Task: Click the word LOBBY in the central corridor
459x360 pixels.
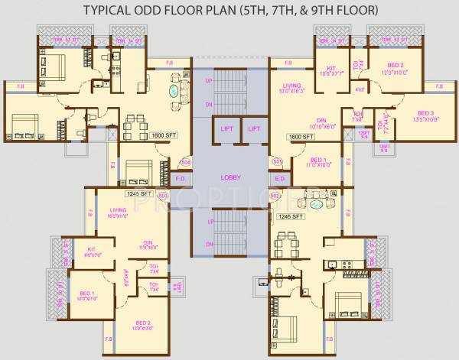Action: pos(230,177)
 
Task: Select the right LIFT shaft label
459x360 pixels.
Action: pos(254,129)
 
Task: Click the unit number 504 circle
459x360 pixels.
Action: pos(184,163)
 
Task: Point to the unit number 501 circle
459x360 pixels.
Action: pos(278,162)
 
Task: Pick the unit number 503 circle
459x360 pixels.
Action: pos(162,196)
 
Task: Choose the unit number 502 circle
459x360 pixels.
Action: pos(275,196)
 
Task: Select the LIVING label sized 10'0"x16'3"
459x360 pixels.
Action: pos(291,88)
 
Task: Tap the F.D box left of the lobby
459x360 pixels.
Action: pos(181,179)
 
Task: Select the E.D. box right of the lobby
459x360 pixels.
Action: pos(280,179)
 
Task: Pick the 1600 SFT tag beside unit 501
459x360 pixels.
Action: pos(299,136)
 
